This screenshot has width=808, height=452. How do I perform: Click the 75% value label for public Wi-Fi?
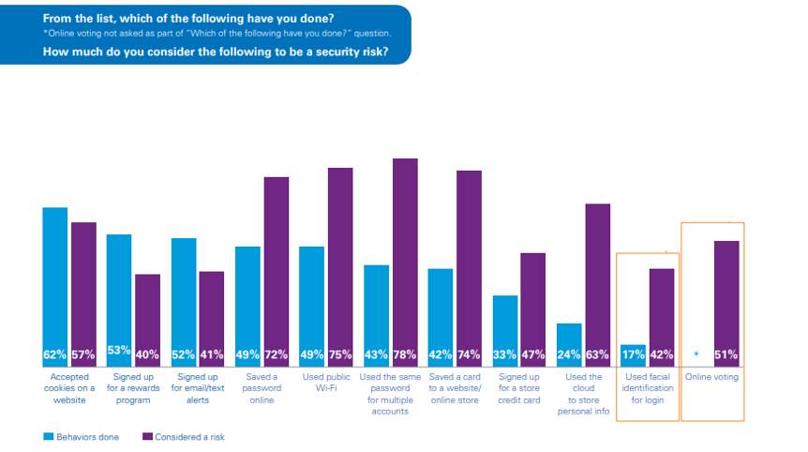[340, 355]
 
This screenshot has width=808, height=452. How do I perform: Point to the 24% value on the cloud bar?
[569, 355]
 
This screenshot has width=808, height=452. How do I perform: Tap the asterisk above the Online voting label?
[696, 355]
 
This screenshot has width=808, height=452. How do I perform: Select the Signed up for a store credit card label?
[519, 388]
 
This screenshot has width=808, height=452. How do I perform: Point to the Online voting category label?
[711, 376]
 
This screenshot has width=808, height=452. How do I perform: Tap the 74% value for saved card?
[468, 355]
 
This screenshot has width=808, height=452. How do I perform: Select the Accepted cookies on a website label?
[69, 388]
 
